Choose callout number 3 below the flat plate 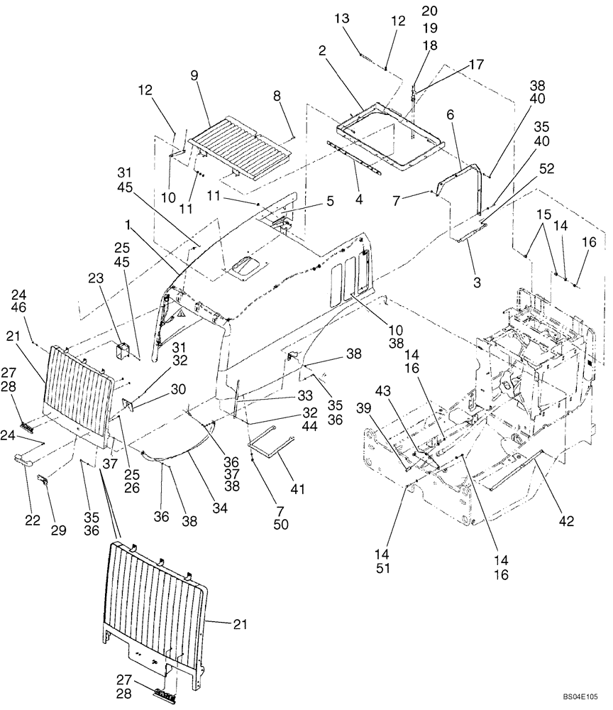pyautogui.click(x=476, y=282)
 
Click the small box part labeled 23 pyautogui.click(x=123, y=350)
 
